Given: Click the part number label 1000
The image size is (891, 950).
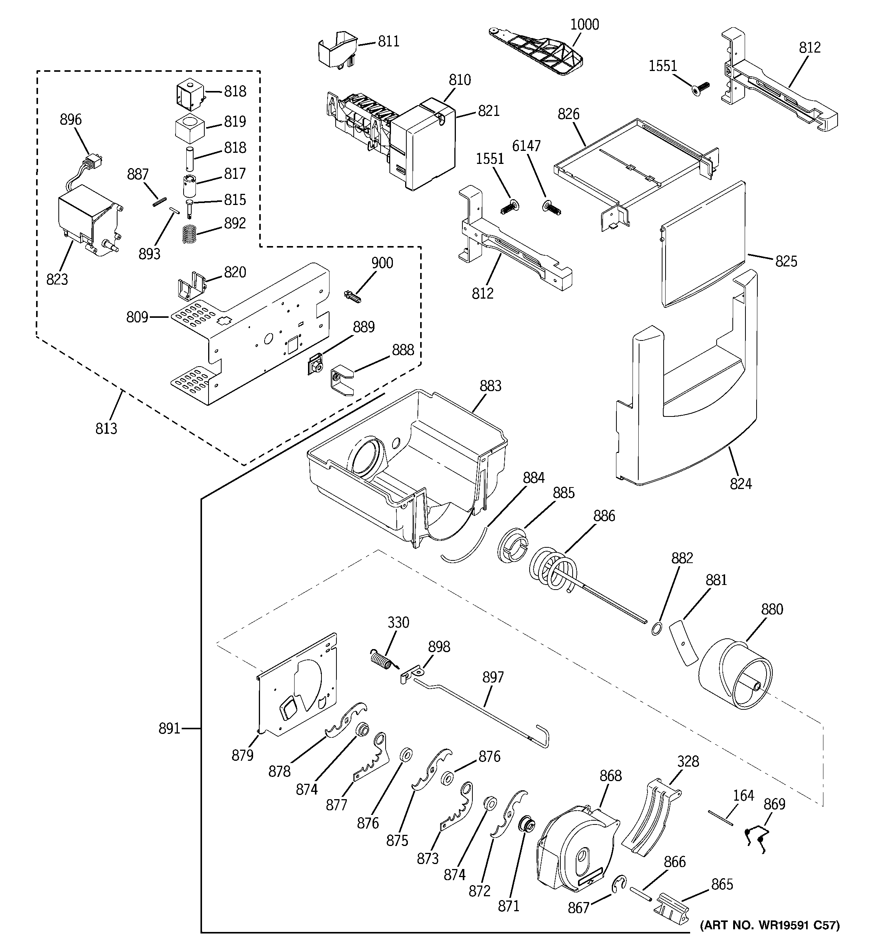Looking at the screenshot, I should point(585,24).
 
